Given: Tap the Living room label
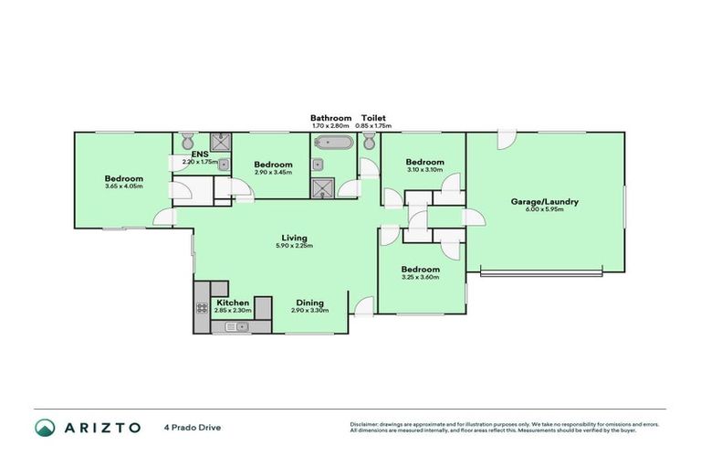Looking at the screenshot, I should point(293,238).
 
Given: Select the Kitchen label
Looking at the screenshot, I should point(233,303).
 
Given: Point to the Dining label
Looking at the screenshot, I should point(308,303).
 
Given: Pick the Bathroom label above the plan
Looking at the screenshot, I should point(330,118).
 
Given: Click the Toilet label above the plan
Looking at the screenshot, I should point(373,118).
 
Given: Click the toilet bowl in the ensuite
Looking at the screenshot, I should point(186,140).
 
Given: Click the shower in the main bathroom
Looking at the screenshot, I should point(321,187).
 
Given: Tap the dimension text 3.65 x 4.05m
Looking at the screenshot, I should point(123,186).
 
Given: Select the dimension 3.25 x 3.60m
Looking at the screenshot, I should point(421,278).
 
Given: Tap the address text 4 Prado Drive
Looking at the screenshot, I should point(193,427).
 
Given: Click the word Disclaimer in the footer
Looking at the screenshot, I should point(368,424).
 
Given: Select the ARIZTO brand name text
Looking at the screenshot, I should point(102,427).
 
